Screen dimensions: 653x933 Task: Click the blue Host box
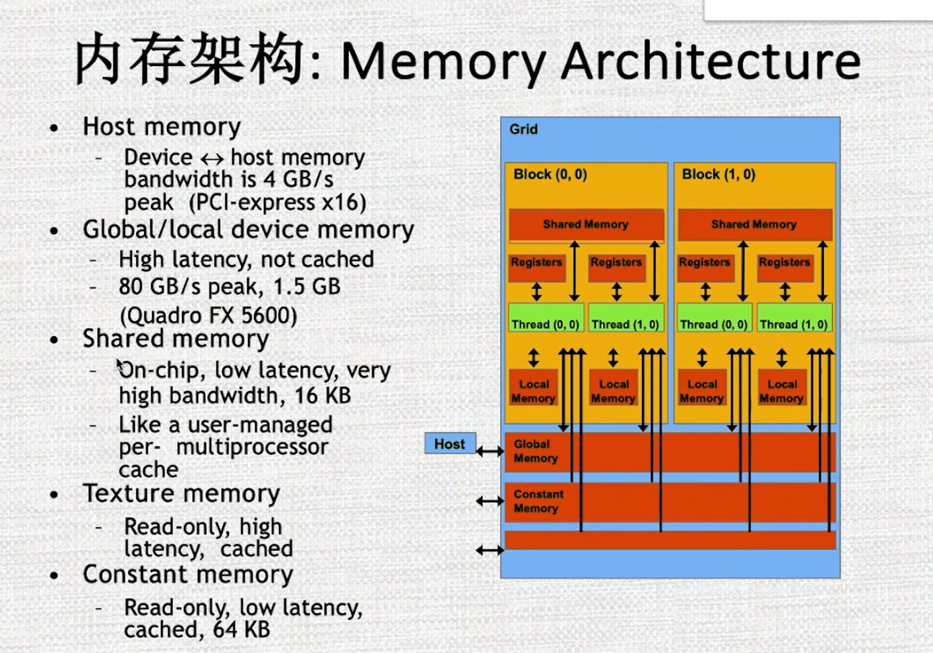449,444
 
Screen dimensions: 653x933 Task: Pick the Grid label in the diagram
523,129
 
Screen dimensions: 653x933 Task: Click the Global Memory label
535,451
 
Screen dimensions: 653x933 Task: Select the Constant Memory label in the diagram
538,501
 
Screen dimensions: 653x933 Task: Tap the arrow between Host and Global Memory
490,451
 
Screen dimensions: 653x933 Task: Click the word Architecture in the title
711,61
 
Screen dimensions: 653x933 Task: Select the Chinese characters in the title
190,59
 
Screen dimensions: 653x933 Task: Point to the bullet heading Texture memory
181,493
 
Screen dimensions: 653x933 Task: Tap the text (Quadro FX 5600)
208,315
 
